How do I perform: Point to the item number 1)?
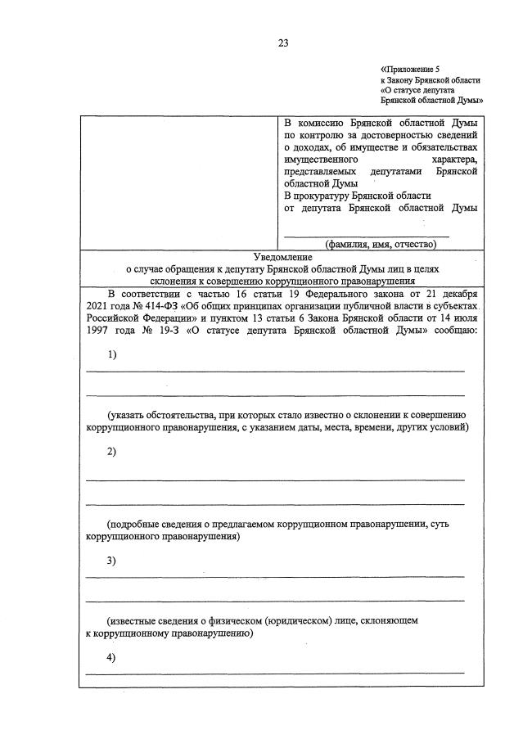tap(112, 354)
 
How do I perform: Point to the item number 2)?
tap(112, 452)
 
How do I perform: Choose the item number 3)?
tap(112, 561)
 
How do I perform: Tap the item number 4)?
tap(112, 659)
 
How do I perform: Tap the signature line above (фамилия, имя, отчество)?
tap(366, 235)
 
